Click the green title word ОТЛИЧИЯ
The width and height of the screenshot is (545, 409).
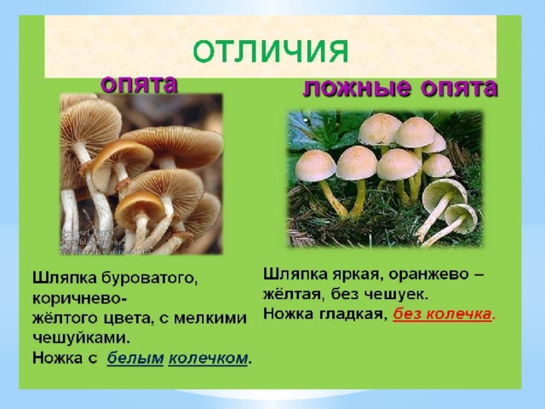270,51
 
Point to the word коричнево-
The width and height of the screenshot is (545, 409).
79,299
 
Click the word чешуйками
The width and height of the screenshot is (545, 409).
82,337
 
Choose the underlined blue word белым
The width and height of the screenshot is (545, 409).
135,358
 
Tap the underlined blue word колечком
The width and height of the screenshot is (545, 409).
209,358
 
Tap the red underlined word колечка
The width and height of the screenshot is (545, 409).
459,314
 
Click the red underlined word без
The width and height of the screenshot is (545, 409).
407,314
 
